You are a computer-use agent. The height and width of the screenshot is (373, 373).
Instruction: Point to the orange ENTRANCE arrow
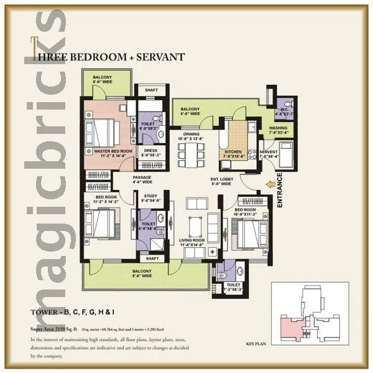click(x=269, y=184)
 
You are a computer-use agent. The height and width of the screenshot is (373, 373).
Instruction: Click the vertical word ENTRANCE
click(x=280, y=190)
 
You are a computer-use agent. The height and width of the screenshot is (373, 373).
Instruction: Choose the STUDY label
click(x=150, y=198)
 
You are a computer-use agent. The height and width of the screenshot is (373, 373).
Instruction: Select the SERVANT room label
click(x=269, y=154)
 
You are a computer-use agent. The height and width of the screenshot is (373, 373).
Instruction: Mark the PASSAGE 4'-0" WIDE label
click(x=142, y=179)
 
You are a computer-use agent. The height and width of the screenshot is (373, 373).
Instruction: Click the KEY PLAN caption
click(x=257, y=343)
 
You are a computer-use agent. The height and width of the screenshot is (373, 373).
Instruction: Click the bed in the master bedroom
click(x=104, y=131)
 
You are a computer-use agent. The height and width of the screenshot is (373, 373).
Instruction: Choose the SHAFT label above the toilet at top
click(x=151, y=90)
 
